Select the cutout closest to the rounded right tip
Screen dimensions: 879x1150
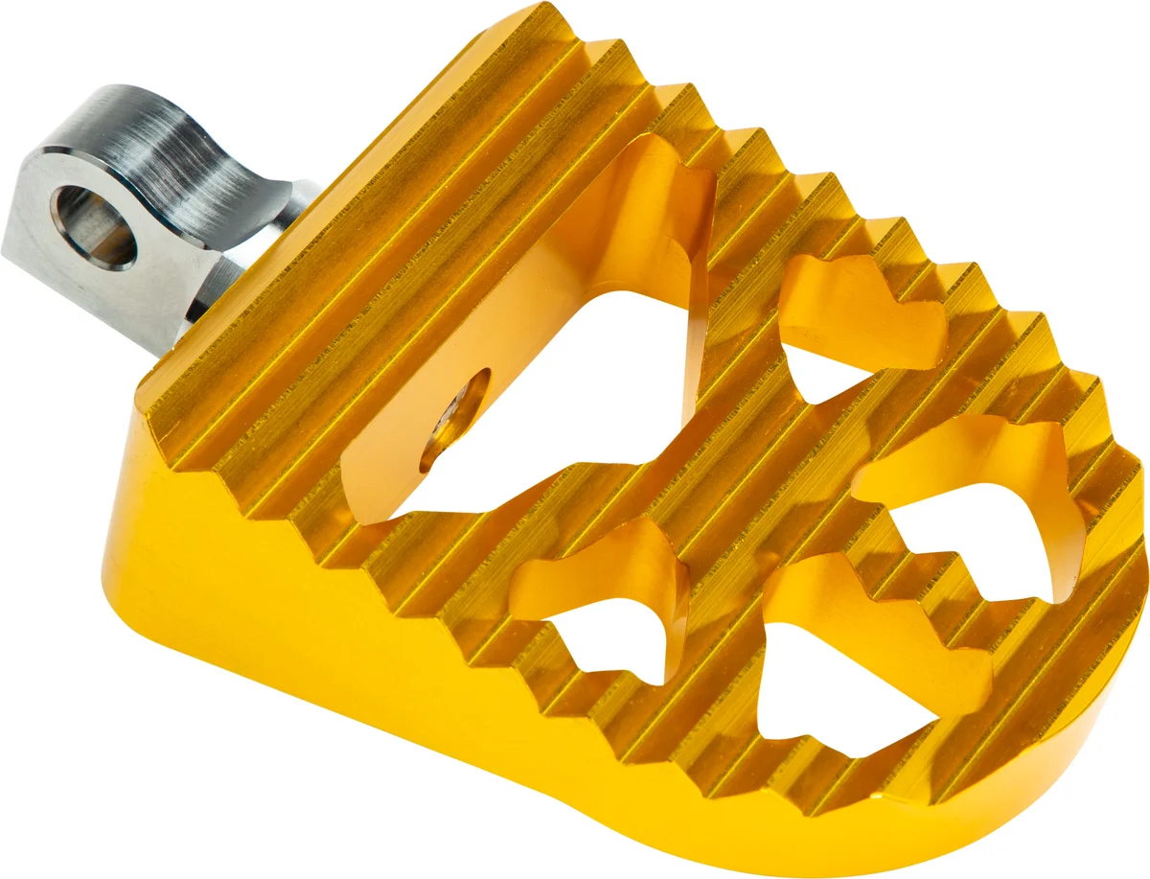pos(987,508)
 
